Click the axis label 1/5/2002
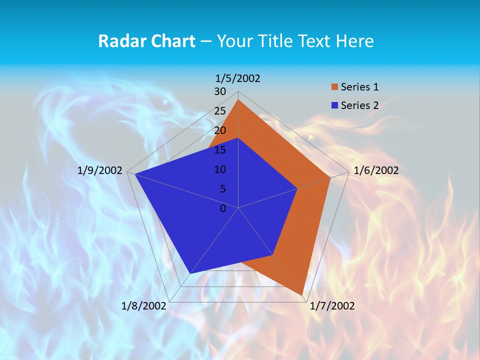(237, 78)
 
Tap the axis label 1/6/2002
(376, 170)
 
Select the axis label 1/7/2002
(332, 306)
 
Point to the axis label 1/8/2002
(143, 306)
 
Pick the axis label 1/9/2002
(100, 170)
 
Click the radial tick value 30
(220, 91)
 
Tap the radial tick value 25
(220, 111)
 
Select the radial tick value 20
(220, 130)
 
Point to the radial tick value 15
(220, 150)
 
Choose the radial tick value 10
(220, 169)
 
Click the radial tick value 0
(223, 208)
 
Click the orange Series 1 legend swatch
(335, 87)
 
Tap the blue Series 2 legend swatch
(335, 105)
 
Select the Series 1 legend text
(359, 87)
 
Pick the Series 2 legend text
(359, 105)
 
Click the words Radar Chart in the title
(146, 41)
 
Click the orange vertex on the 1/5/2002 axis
(238, 100)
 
